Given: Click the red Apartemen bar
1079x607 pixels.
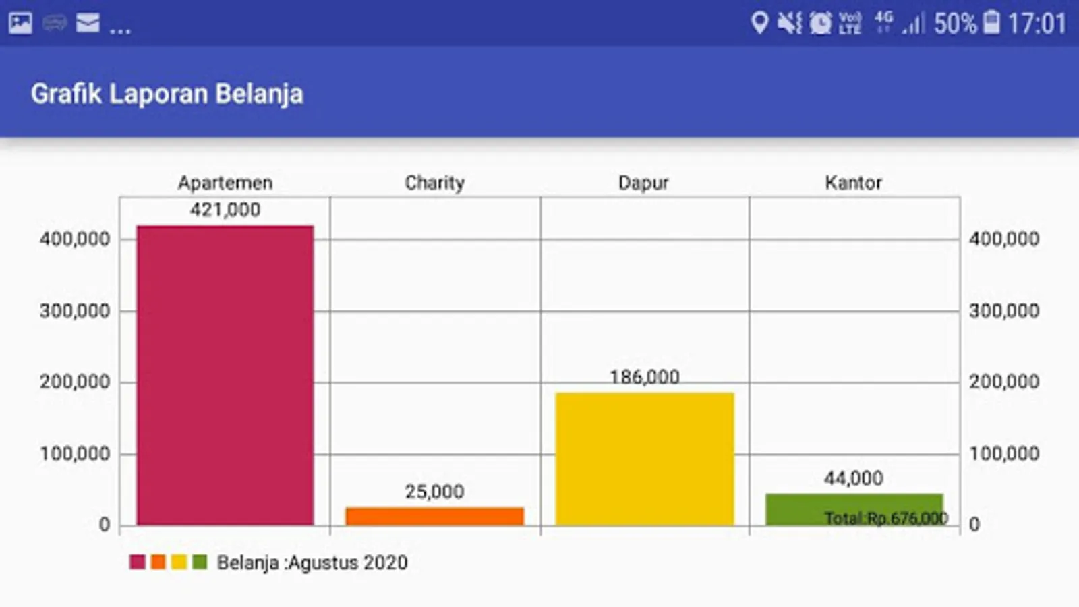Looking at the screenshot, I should point(225,375).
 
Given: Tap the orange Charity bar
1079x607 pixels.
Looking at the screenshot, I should point(434,516).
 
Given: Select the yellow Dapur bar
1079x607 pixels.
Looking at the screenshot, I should point(644,459).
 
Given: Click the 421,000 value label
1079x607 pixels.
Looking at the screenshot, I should point(225,210).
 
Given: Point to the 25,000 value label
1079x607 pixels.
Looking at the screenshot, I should point(434,492).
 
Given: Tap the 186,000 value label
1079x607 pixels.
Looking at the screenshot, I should point(644,377).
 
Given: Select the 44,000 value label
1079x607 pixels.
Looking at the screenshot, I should point(853,478).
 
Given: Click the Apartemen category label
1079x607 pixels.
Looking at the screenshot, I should point(225,183).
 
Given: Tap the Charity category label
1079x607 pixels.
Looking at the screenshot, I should point(434,183).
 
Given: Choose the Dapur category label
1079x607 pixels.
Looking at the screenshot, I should point(643,183).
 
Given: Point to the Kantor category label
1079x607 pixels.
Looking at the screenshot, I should point(853,183).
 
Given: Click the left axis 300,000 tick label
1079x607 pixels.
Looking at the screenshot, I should point(75,311).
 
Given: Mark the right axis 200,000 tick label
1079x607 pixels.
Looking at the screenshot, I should point(1004,382).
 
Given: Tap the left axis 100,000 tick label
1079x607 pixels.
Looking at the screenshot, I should point(75,454).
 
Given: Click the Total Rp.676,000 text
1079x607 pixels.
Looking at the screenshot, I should point(885,518).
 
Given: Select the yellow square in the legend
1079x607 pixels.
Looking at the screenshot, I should point(179,562).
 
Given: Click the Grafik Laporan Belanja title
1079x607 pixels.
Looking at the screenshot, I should point(167,94).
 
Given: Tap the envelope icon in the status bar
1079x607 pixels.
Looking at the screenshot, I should point(88,24).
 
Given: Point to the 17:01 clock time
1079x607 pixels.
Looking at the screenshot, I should point(1037,24).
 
